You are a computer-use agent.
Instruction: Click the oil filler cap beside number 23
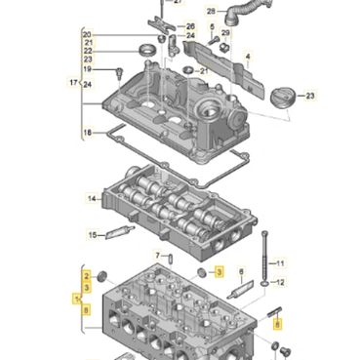click(283, 98)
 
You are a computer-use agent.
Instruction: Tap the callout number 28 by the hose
click(211, 12)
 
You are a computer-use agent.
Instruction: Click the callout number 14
click(92, 198)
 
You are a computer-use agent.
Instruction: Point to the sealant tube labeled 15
click(120, 230)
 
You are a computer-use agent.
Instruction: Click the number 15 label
click(93, 234)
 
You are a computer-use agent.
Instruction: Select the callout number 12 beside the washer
click(280, 282)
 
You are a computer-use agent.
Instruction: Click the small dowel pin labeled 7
click(170, 260)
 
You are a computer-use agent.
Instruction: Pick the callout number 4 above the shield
click(248, 57)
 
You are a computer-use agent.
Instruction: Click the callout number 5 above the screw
click(212, 26)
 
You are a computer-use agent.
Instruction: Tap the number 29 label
click(225, 33)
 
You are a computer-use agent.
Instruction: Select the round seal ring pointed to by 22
click(147, 50)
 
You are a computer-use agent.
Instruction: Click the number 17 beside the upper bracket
click(73, 83)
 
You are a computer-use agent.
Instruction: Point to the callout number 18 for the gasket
click(87, 133)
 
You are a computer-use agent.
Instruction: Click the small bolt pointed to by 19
click(120, 72)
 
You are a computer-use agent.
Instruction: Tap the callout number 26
click(190, 26)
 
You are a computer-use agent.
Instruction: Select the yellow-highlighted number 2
click(87, 276)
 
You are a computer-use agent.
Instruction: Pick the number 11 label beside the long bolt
click(280, 262)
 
